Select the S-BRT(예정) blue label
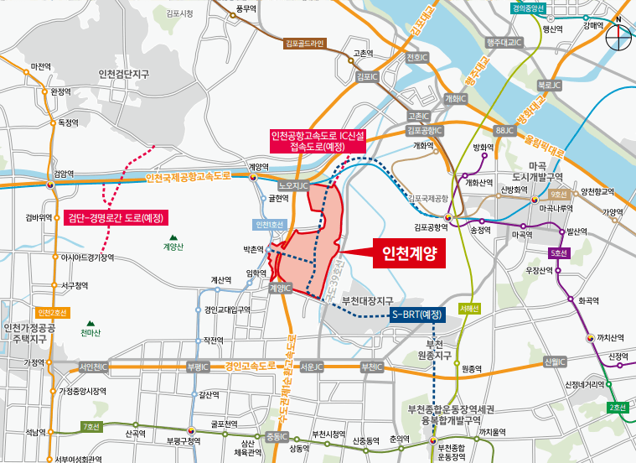pos(417,315)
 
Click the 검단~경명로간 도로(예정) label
pos(116,217)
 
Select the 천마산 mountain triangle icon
pos(90,322)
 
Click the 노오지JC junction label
pos(294,185)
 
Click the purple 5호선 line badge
pos(560,253)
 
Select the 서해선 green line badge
pos(469,308)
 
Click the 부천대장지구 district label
pos(370,299)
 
